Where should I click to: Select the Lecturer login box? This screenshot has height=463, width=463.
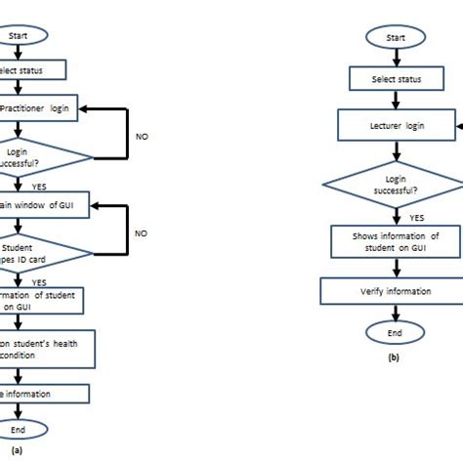pos(394,125)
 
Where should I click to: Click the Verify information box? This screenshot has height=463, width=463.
pos(394,289)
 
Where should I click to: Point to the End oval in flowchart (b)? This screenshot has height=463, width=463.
pos(394,332)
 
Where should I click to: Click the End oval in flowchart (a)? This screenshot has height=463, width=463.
pos(20,429)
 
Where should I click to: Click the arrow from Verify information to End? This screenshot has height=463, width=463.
pos(394,312)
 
